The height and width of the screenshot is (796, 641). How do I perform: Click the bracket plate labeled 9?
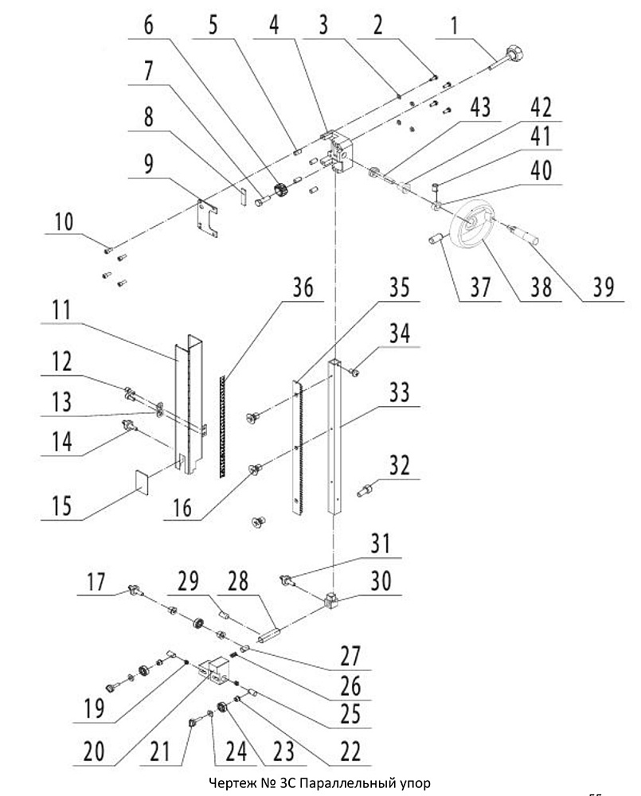click(208, 218)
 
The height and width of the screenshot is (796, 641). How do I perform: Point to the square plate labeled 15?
click(142, 482)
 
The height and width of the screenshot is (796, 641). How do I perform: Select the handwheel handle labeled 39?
click(525, 236)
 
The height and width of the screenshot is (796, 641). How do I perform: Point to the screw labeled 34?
click(354, 373)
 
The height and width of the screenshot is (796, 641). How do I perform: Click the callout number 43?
click(480, 107)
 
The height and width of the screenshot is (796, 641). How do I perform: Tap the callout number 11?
click(62, 310)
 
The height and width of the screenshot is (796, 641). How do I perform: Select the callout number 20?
click(93, 751)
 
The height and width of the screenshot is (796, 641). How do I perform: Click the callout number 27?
click(350, 656)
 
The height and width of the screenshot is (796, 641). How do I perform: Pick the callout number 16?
click(182, 508)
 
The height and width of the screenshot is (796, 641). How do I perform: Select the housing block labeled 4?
click(336, 150)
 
